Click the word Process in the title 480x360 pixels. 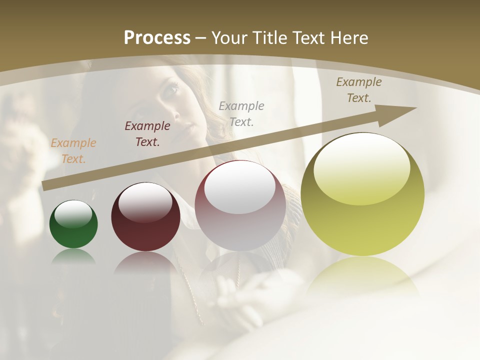(x=157, y=38)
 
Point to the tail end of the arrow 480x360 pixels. (x=46, y=185)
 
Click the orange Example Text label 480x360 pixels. (x=73, y=151)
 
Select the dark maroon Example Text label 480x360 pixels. (x=147, y=134)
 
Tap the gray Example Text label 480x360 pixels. (x=241, y=113)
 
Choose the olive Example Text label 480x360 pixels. (x=358, y=90)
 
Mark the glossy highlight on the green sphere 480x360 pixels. (x=73, y=213)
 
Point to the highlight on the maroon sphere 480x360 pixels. (x=145, y=201)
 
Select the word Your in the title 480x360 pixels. (x=229, y=38)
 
